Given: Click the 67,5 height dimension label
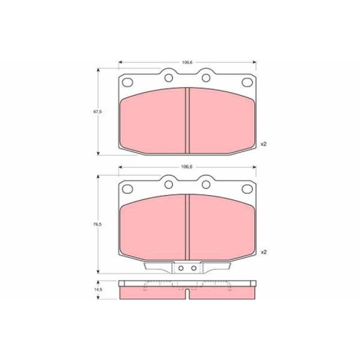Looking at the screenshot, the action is click(x=98, y=112).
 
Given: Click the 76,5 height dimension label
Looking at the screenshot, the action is click(x=98, y=225).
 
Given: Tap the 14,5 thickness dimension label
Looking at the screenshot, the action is click(x=98, y=289).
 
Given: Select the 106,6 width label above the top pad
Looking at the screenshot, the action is click(x=187, y=63).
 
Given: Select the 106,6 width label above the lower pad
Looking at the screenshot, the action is click(x=187, y=167).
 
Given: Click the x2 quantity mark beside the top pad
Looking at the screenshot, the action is click(x=264, y=144).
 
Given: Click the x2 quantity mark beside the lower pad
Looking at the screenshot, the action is click(x=264, y=252).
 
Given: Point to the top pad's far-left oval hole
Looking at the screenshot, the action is click(x=127, y=82).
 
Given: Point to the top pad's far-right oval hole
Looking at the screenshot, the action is click(x=247, y=82).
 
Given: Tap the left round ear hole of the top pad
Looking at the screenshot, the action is click(x=168, y=78).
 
